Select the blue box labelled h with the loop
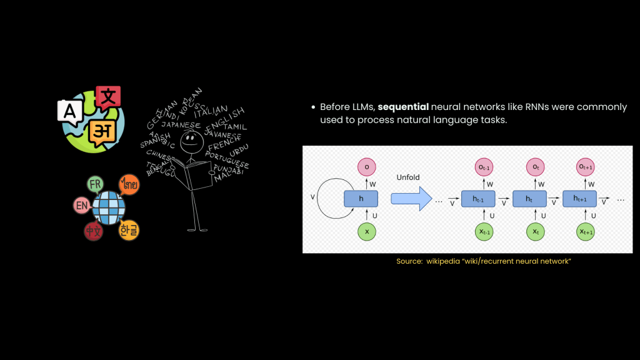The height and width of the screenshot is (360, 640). [361, 199]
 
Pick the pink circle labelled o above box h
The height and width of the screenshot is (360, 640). [366, 167]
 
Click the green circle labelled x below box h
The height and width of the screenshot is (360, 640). [366, 231]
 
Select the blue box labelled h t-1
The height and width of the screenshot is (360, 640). [478, 199]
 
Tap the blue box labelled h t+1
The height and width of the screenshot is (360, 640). [580, 199]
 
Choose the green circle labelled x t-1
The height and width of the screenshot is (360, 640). [484, 231]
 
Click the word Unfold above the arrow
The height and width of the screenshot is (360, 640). [409, 177]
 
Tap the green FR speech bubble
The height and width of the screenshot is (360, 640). [96, 184]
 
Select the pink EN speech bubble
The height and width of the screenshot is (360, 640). [81, 206]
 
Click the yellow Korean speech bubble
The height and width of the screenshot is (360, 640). [129, 230]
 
